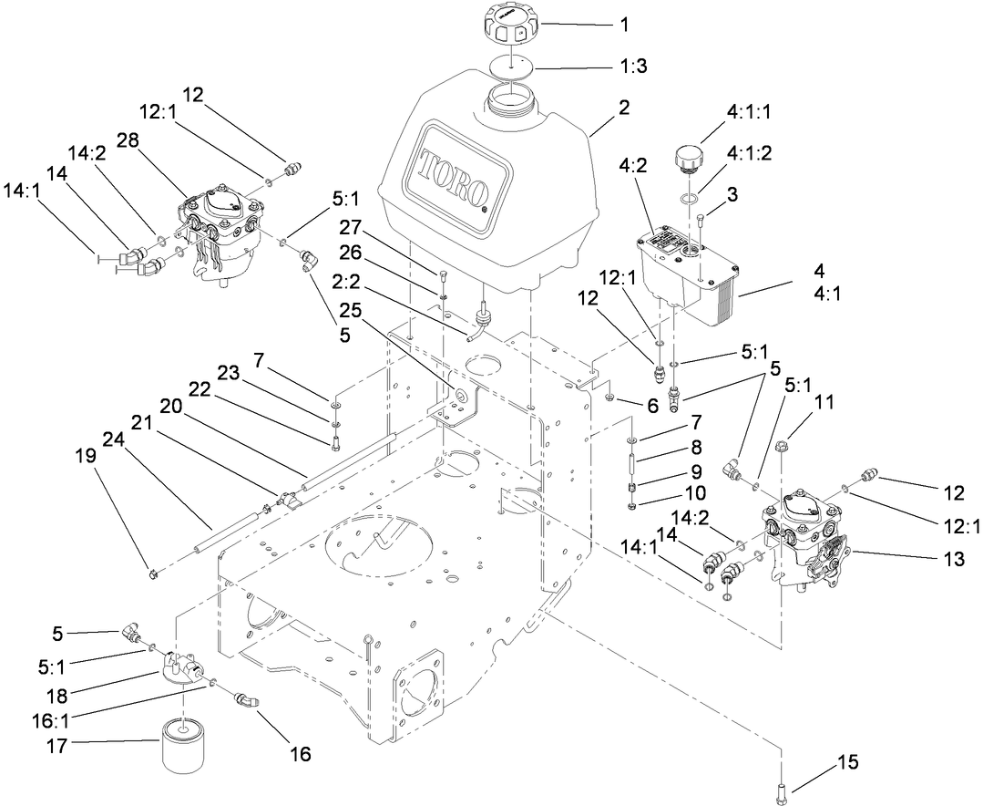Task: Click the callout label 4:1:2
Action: [751, 153]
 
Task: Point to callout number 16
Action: [300, 754]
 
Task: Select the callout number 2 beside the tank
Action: [623, 108]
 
